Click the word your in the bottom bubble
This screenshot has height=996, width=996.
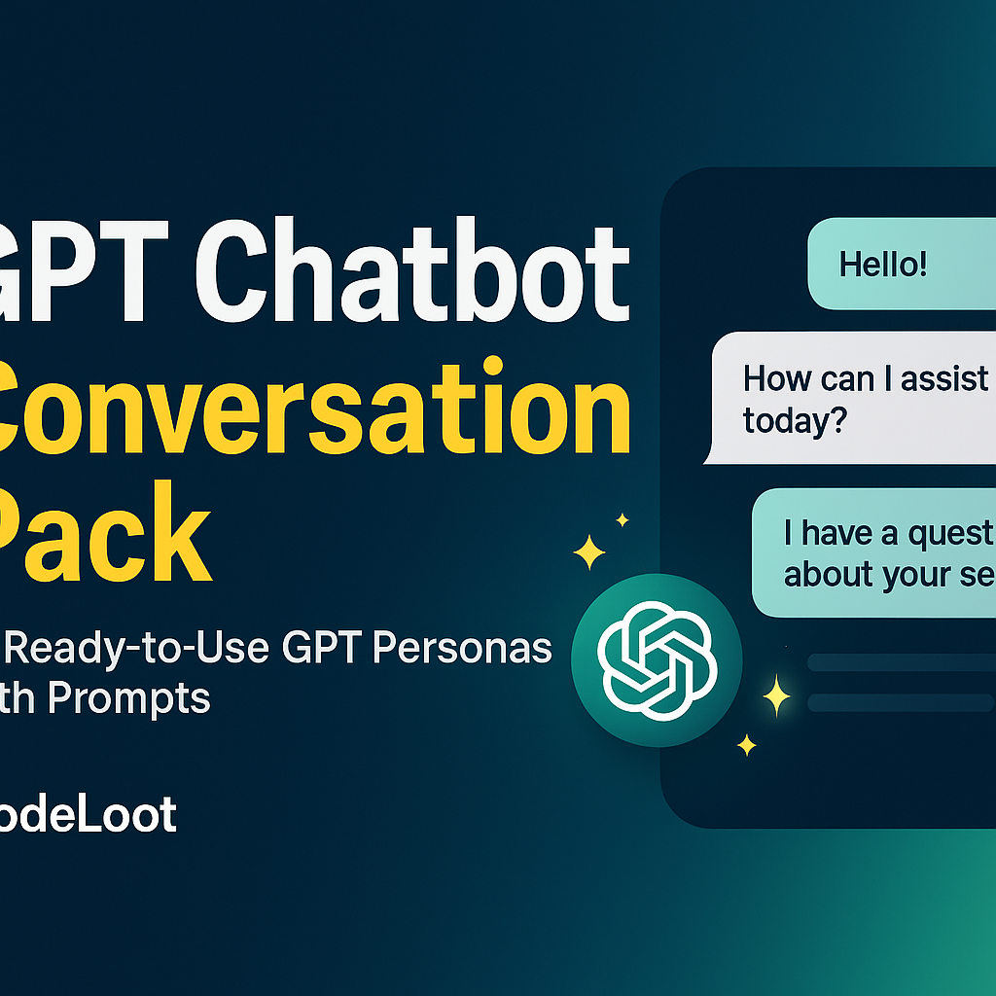912,576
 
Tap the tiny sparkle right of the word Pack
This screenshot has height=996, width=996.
622,520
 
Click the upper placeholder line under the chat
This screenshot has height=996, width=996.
901,662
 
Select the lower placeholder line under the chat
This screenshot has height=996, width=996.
901,702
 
